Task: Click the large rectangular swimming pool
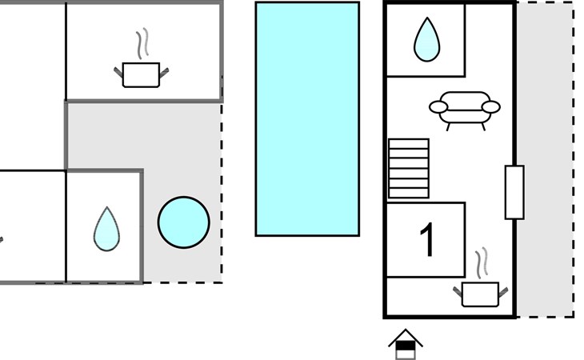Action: click(x=307, y=118)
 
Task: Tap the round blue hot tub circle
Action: click(x=184, y=222)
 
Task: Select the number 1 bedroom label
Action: click(x=427, y=239)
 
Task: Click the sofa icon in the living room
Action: click(x=465, y=110)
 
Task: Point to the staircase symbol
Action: click(x=409, y=168)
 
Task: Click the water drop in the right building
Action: click(x=427, y=39)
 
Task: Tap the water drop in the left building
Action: click(x=107, y=229)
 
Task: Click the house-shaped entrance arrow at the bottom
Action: click(x=406, y=344)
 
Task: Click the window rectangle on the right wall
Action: click(x=514, y=192)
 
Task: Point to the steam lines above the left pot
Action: click(x=142, y=43)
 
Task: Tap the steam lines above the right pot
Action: click(x=482, y=263)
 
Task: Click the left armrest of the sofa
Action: click(x=438, y=107)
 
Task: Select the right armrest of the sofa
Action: click(x=491, y=107)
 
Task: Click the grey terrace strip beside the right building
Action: click(x=545, y=160)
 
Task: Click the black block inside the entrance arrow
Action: click(x=406, y=346)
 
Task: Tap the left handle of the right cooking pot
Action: click(x=458, y=291)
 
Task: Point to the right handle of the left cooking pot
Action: click(x=164, y=73)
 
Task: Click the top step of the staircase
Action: click(x=409, y=144)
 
